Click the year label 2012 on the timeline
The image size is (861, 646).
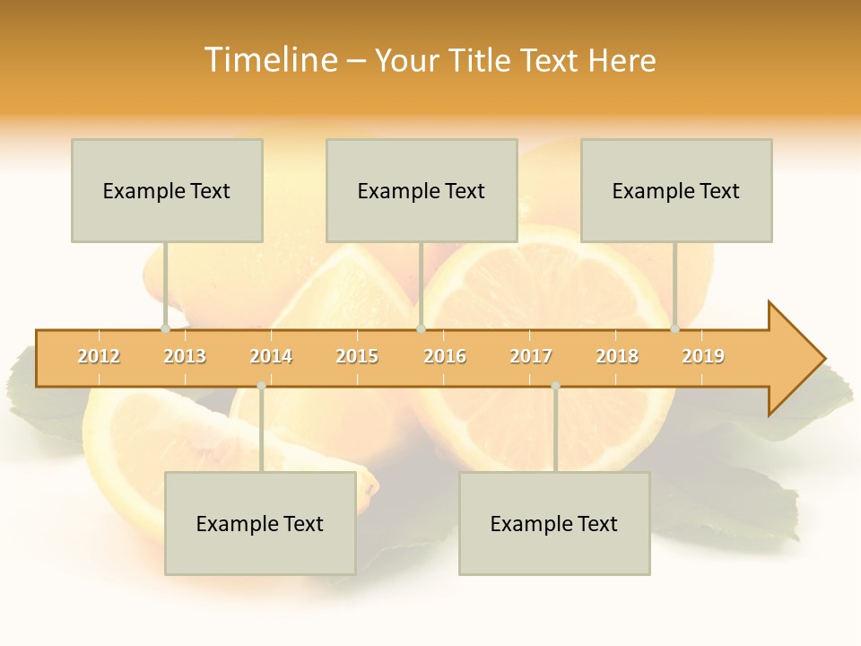pos(99,356)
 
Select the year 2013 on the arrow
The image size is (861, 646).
pos(185,356)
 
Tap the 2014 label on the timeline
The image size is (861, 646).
pos(271,356)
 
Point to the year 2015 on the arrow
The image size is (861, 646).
pos(357,356)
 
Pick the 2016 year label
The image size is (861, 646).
pos(445,356)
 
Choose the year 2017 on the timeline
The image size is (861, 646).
pos(531,356)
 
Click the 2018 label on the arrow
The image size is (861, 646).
pos(617,356)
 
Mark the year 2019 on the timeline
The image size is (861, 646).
pos(703,356)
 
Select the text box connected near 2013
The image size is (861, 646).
pos(167,190)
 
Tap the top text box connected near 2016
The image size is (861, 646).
pos(422,190)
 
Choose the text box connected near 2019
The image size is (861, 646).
pos(676,190)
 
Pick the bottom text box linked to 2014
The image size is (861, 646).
pos(260,523)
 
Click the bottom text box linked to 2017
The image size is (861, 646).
pos(554,523)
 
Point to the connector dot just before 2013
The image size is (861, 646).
pos(165,329)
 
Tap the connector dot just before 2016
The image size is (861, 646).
pos(421,329)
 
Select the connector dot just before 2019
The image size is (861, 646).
pos(674,329)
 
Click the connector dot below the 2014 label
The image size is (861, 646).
pos(261,386)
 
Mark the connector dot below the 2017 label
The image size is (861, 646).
pos(555,386)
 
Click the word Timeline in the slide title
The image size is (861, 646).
pos(269,60)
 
